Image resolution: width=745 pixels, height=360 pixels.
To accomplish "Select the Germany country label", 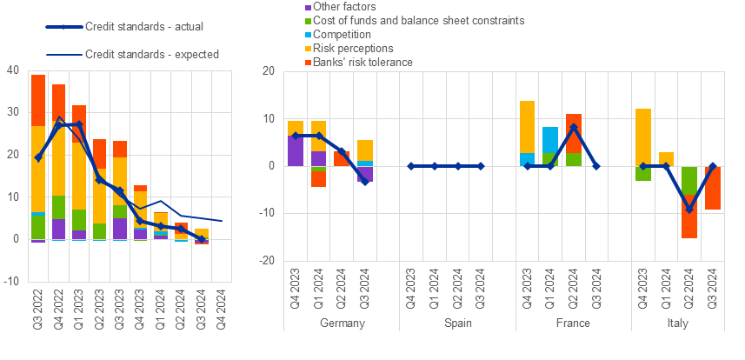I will click(342, 323).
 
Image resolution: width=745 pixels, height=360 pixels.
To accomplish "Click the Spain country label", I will click(457, 323).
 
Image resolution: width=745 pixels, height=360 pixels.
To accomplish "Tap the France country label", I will click(573, 323).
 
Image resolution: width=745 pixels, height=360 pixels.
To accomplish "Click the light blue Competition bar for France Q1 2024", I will click(549, 139).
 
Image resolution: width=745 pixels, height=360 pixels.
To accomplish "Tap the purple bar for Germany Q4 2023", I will click(296, 150).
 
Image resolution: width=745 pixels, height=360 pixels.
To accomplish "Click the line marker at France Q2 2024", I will click(573, 127).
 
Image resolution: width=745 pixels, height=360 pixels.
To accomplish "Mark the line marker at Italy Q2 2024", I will click(689, 209).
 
